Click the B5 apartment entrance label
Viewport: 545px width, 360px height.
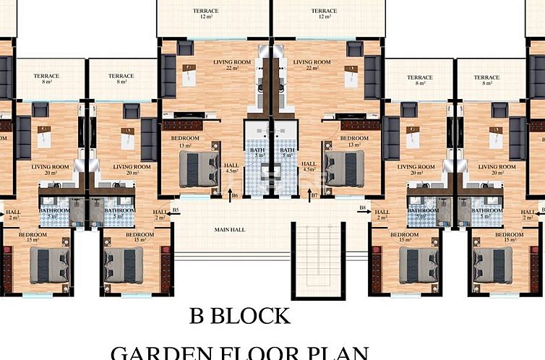tap(176, 210)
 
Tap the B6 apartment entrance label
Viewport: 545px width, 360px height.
tap(235, 196)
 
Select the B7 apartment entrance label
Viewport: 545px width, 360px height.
tap(314, 196)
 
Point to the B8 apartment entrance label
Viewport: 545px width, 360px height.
tap(361, 208)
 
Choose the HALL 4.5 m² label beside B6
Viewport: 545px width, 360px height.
tap(231, 167)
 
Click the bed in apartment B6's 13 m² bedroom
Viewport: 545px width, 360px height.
tap(199, 168)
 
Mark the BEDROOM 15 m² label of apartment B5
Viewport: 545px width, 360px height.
tap(140, 237)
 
